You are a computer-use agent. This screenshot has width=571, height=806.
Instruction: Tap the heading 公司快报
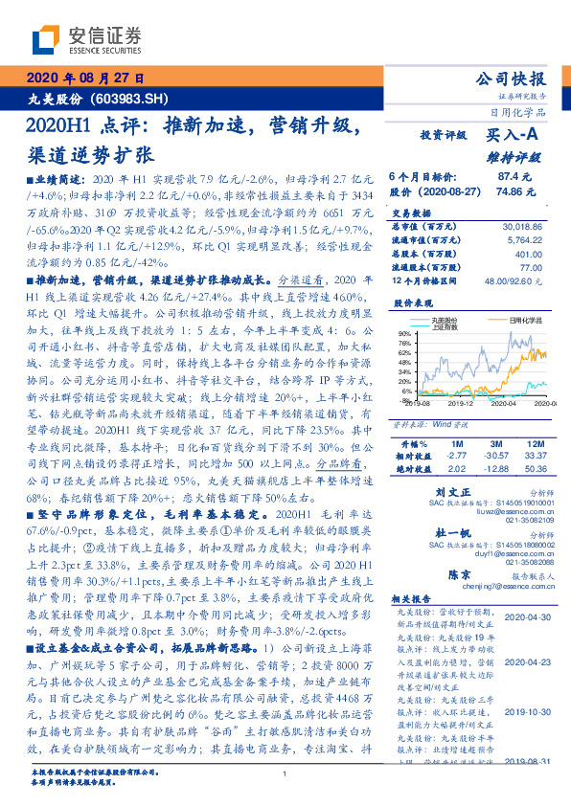pos(511,78)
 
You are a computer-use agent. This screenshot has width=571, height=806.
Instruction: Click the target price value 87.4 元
pos(508,177)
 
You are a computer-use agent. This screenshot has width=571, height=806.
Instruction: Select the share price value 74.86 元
pos(508,191)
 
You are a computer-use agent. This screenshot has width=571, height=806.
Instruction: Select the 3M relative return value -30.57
pos(494,458)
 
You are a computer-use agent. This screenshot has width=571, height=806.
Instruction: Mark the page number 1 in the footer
pos(285,774)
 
